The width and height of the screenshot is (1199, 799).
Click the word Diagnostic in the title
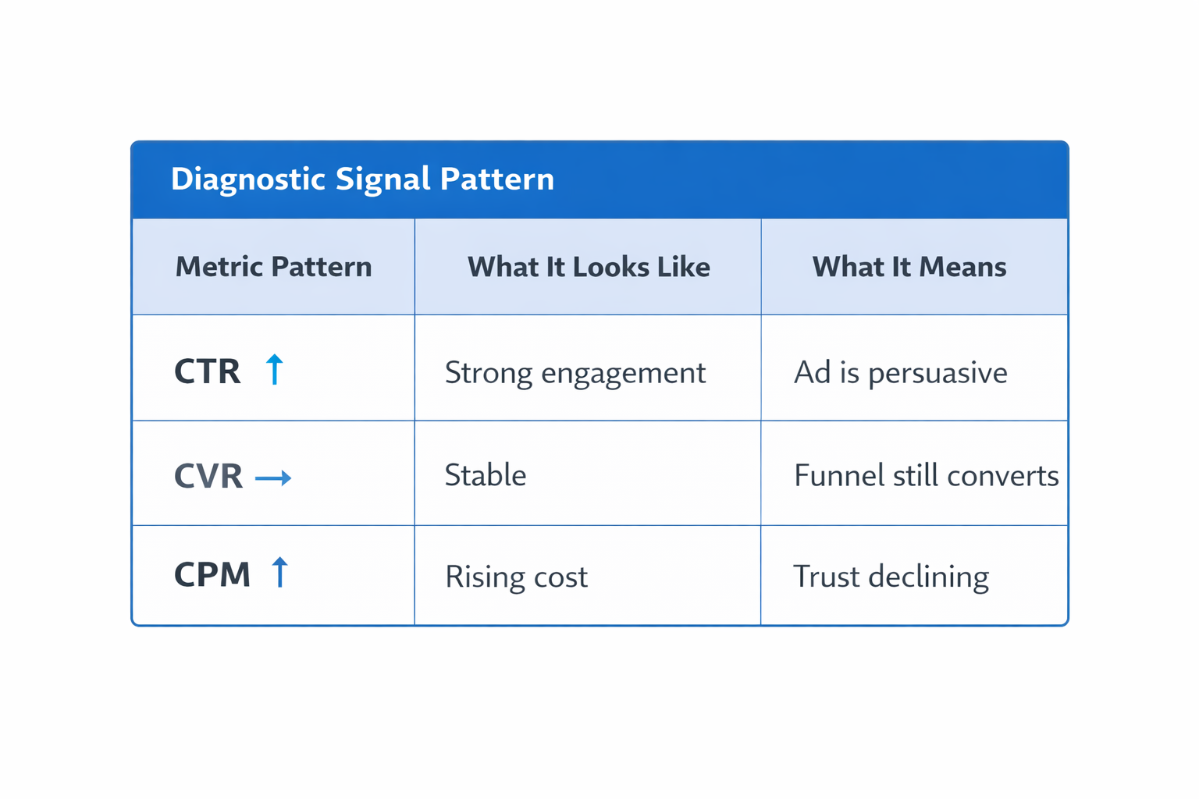click(x=247, y=179)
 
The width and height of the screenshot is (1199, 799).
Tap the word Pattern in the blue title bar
click(x=497, y=179)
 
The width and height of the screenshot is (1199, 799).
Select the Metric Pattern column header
click(x=273, y=267)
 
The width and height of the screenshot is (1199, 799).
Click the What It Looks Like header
click(x=589, y=267)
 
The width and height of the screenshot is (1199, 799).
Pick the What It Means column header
click(x=909, y=267)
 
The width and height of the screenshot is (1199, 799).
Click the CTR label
click(x=208, y=371)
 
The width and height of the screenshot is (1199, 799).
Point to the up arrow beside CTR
click(x=274, y=369)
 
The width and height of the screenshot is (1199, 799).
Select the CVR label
click(x=208, y=476)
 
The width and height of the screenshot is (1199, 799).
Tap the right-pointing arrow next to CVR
click(x=273, y=478)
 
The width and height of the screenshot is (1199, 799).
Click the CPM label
click(x=212, y=575)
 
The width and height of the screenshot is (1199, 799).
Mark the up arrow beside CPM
click(x=279, y=572)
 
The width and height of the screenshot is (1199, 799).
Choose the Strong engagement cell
click(x=575, y=373)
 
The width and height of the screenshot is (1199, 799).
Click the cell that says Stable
click(x=486, y=475)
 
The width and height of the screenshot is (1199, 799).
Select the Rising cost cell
click(x=516, y=577)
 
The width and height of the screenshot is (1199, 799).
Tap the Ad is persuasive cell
click(x=900, y=373)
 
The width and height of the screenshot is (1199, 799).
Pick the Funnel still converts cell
click(x=926, y=475)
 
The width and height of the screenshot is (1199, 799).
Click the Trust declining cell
click(x=891, y=577)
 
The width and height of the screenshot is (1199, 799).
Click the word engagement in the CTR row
click(x=623, y=375)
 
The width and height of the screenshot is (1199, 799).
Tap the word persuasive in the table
click(x=937, y=374)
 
